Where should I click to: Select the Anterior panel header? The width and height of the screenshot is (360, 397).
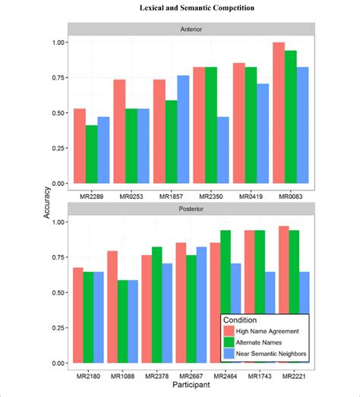[x=191, y=29]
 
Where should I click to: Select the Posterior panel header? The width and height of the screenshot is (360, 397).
[x=191, y=208]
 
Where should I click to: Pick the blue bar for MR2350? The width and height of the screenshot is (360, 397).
[x=223, y=150]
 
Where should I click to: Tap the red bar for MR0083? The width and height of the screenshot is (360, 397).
[x=278, y=113]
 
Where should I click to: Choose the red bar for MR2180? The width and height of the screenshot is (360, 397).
[x=77, y=315]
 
